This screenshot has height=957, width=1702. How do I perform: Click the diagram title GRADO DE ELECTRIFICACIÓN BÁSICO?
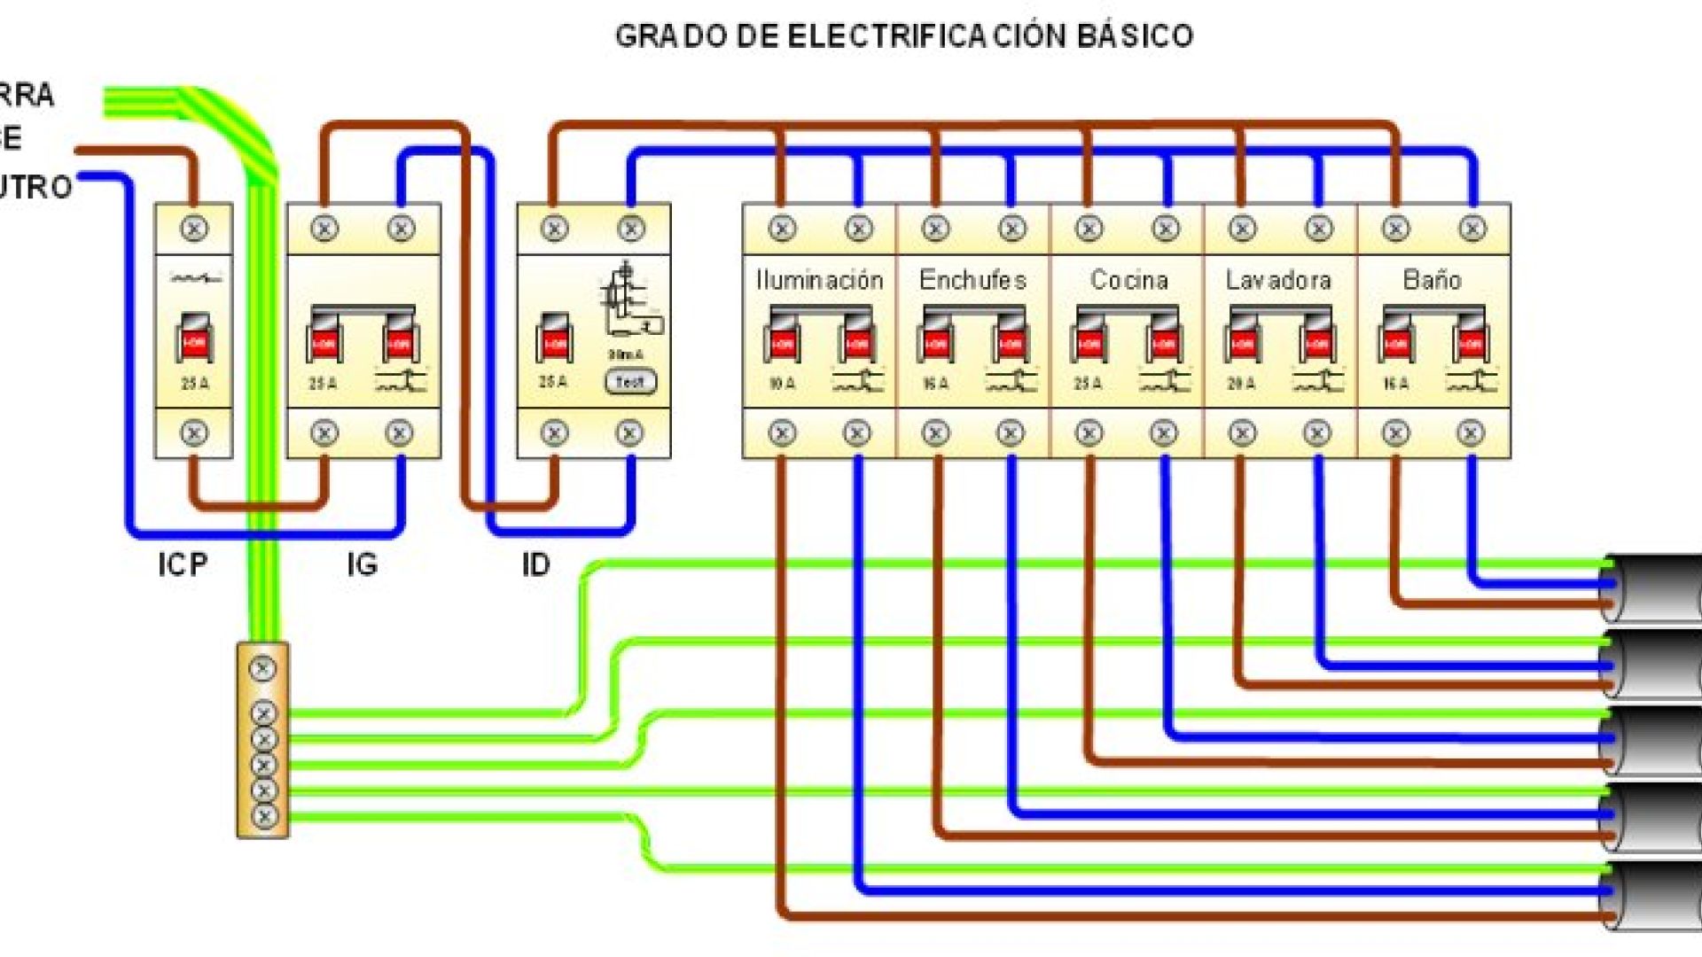pyautogui.click(x=903, y=36)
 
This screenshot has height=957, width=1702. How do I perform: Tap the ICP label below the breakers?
pyautogui.click(x=183, y=564)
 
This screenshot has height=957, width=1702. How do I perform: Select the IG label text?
pyautogui.click(x=362, y=564)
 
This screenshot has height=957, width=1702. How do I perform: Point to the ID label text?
pyautogui.click(x=535, y=564)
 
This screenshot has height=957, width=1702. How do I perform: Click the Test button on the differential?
pyautogui.click(x=630, y=382)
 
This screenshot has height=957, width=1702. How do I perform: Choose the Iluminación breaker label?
pyautogui.click(x=819, y=280)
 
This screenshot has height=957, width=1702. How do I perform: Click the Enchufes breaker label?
pyautogui.click(x=972, y=280)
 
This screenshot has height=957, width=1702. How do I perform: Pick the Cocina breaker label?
pyautogui.click(x=1128, y=280)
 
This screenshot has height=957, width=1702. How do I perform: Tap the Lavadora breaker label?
pyautogui.click(x=1278, y=280)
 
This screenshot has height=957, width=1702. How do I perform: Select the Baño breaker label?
pyautogui.click(x=1432, y=280)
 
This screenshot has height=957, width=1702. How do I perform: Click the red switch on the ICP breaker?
pyautogui.click(x=194, y=340)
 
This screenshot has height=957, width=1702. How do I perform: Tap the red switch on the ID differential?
pyautogui.click(x=555, y=340)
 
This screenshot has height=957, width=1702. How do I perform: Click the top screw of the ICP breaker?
pyautogui.click(x=194, y=229)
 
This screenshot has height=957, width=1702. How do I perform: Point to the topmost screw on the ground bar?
pyautogui.click(x=262, y=668)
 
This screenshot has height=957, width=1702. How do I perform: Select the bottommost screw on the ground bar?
pyautogui.click(x=263, y=815)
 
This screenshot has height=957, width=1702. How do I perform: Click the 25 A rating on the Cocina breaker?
pyautogui.click(x=1088, y=384)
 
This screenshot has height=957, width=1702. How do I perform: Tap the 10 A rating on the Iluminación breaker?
pyautogui.click(x=781, y=384)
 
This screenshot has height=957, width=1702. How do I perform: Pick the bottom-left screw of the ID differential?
pyautogui.click(x=554, y=432)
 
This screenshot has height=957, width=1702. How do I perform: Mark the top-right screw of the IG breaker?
pyautogui.click(x=401, y=229)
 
